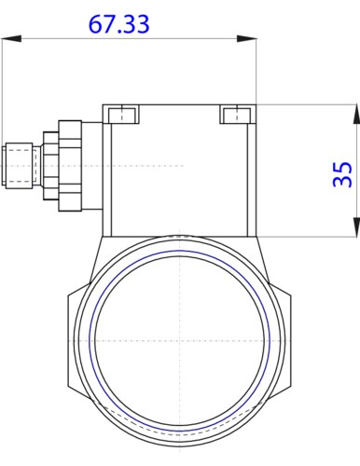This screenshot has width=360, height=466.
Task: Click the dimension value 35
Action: click(342, 173)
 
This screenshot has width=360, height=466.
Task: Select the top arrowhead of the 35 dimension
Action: click(354, 112)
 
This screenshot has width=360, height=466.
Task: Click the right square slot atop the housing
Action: click(233, 115)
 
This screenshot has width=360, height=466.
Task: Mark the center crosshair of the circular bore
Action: click(179, 336)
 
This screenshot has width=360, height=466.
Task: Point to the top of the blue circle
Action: click(179, 251)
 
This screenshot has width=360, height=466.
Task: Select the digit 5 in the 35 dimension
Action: click(342, 166)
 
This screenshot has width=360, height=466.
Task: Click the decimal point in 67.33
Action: click(118, 32)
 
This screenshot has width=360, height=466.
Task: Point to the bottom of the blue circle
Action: click(179, 420)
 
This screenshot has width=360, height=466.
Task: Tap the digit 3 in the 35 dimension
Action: click(342, 182)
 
